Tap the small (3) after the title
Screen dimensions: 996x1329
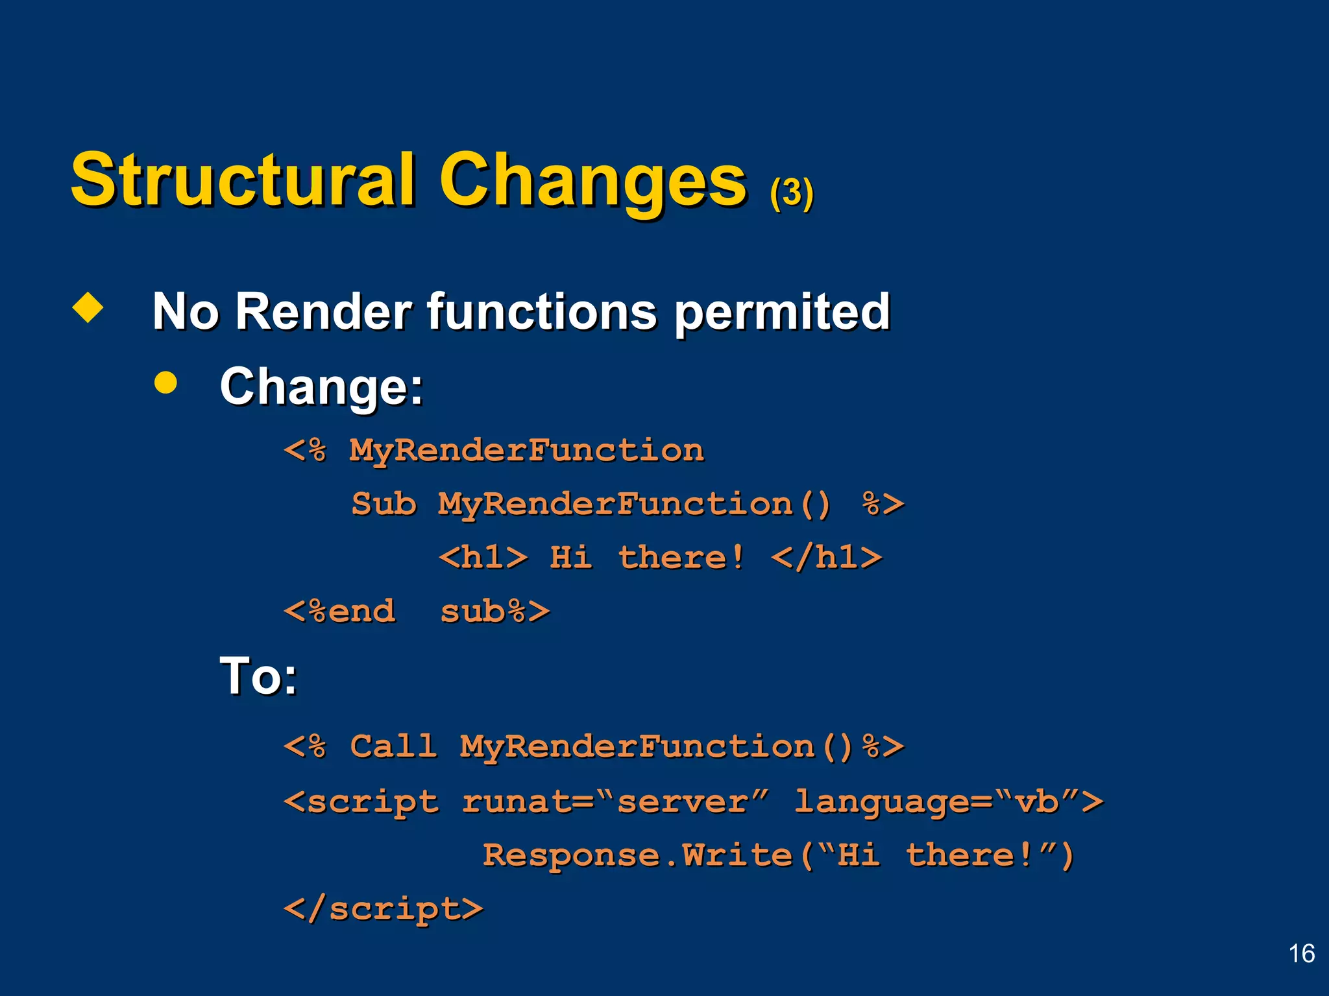791,193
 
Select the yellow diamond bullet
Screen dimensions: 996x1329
88,307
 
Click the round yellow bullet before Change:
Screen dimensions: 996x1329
166,383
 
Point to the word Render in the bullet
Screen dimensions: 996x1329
323,312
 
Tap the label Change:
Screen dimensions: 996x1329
321,387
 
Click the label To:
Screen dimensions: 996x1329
258,676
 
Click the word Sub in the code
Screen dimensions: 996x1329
384,504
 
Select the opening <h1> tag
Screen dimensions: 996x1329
483,558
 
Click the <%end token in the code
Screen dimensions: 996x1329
340,611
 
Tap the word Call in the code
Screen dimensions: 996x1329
393,746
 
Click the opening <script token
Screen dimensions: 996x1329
361,801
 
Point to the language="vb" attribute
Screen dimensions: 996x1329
947,801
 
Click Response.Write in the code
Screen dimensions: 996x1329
638,855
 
